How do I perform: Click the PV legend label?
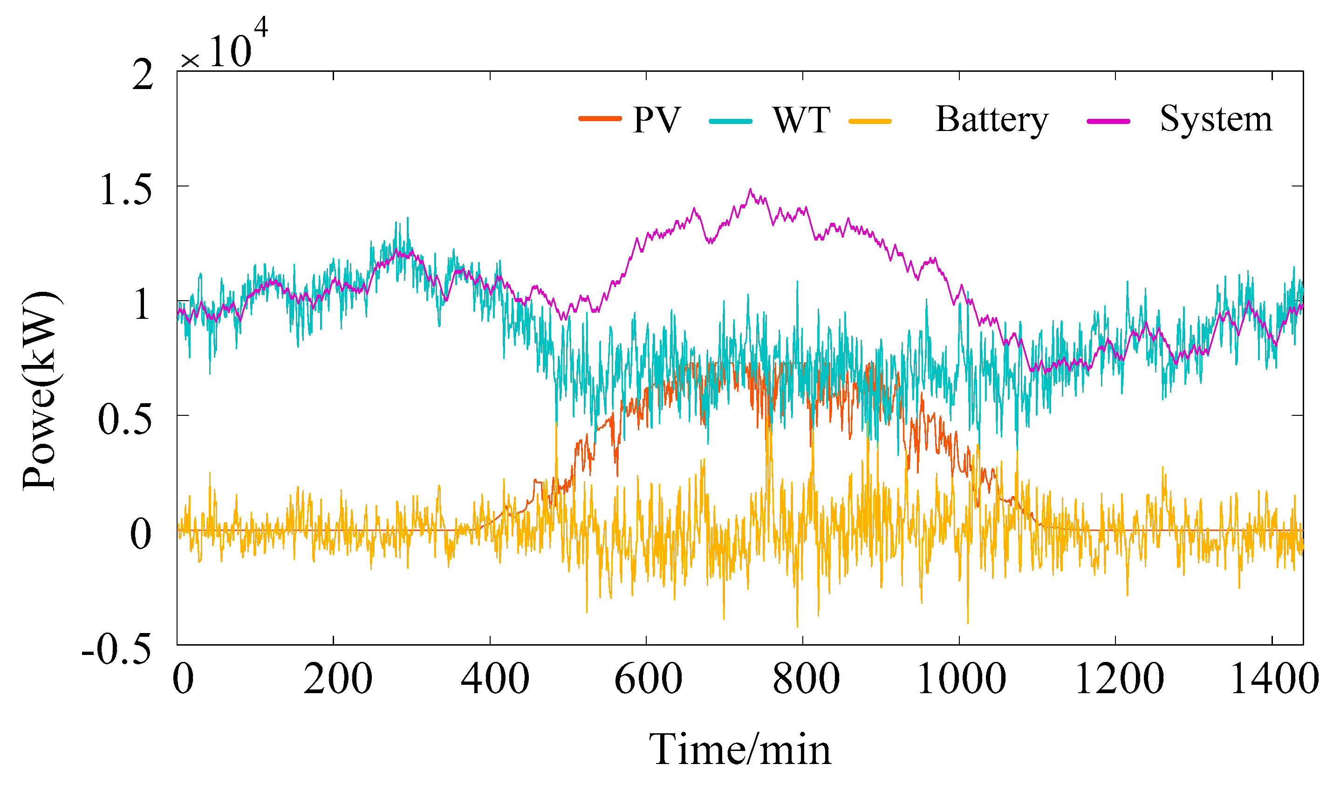click(656, 120)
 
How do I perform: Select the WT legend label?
click(801, 120)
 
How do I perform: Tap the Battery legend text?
click(991, 120)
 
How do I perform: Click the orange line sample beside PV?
click(600, 119)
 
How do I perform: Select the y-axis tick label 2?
click(143, 75)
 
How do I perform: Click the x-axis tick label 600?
click(648, 680)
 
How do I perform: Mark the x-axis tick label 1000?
click(961, 680)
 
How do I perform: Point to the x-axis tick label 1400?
click(1275, 680)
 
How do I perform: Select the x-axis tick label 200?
click(337, 680)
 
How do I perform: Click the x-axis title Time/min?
click(740, 750)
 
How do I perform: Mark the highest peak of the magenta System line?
click(750, 189)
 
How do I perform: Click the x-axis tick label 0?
click(184, 680)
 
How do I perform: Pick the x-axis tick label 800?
click(806, 680)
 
